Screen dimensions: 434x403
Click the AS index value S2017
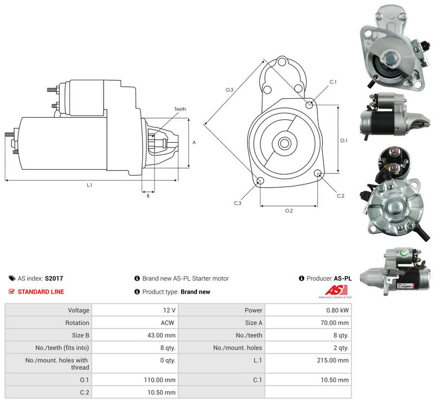click(x=54, y=278)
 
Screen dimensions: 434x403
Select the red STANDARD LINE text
click(x=41, y=292)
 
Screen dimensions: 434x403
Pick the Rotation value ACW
click(x=168, y=323)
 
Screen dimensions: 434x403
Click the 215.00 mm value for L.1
click(x=333, y=360)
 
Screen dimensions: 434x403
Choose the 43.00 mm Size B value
click(x=161, y=335)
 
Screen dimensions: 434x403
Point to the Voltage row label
click(x=79, y=310)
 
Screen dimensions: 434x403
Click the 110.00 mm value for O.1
click(x=159, y=380)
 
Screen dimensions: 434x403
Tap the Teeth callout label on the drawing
click(x=180, y=109)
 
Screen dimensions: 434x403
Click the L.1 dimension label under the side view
click(x=90, y=185)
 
